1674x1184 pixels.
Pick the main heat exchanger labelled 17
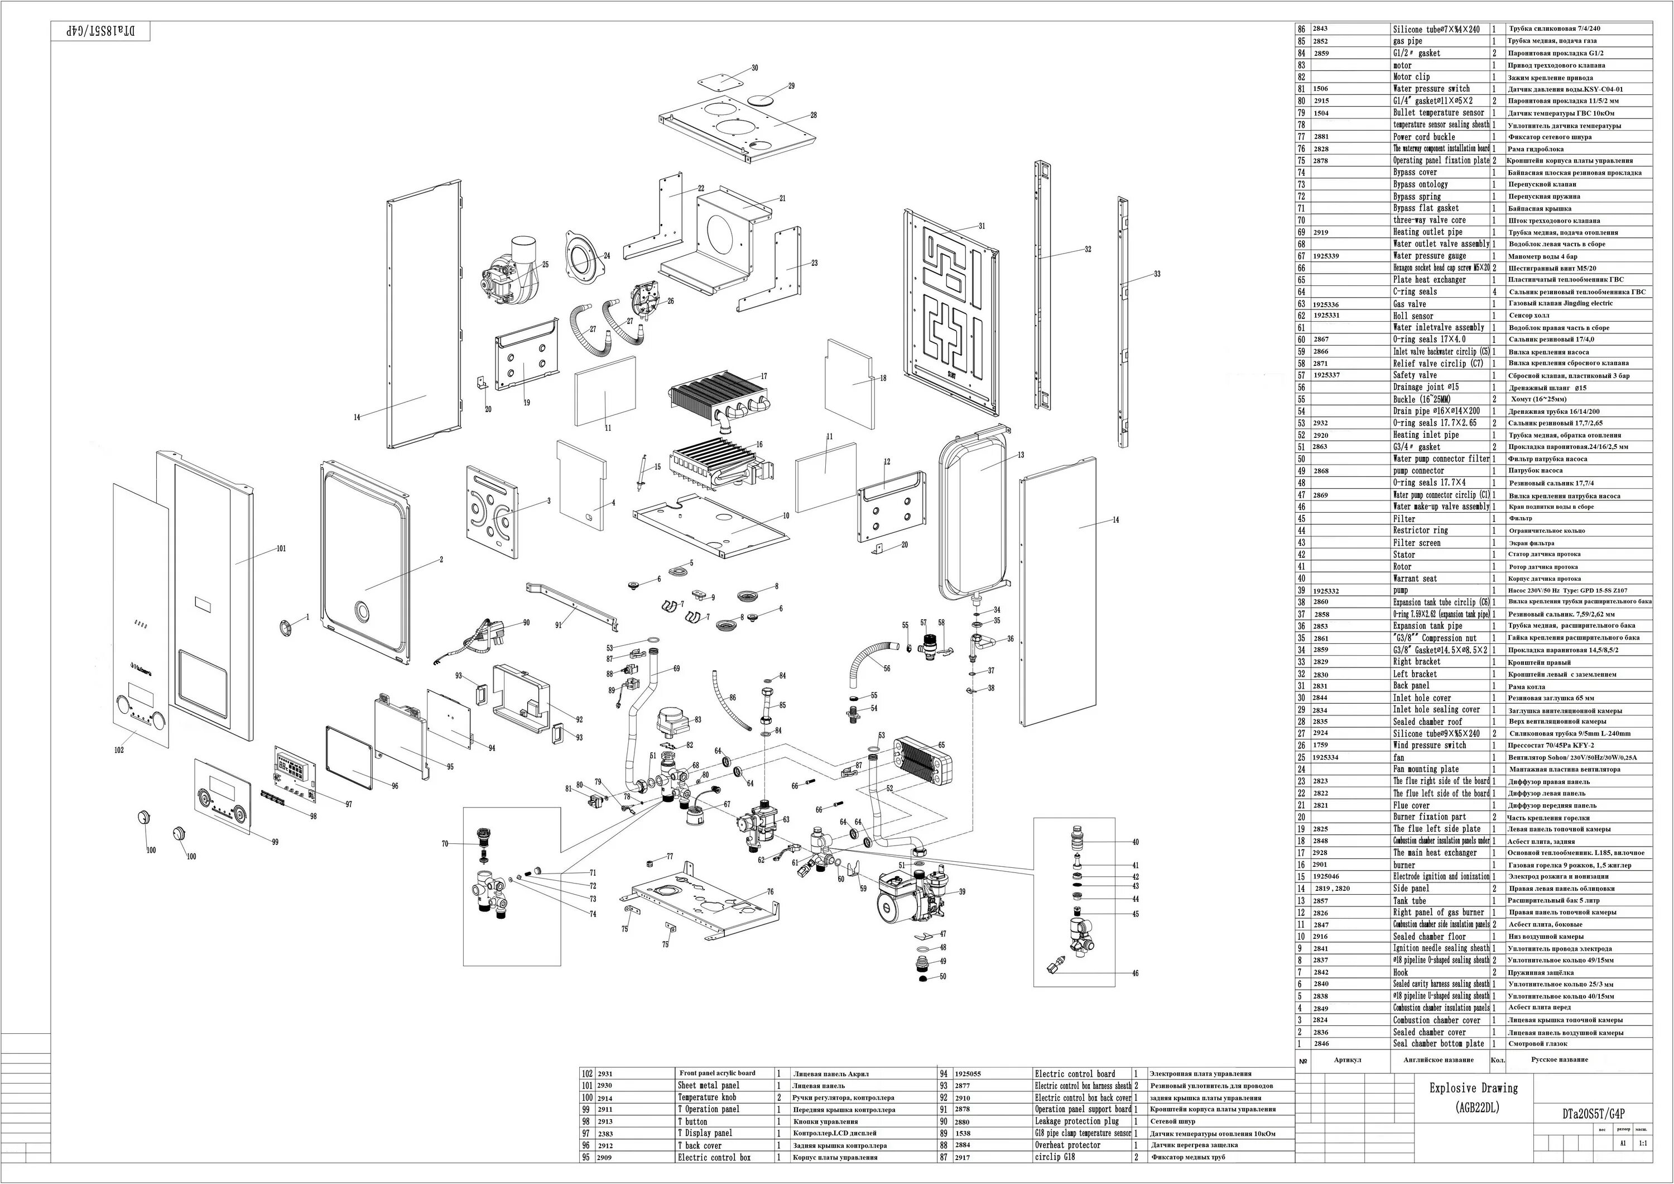(718, 398)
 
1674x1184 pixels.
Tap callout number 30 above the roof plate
(754, 68)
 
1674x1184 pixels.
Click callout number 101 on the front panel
(281, 548)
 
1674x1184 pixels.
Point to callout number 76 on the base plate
(770, 891)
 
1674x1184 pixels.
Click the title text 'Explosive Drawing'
(1473, 1088)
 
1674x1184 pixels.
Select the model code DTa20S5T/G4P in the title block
(1593, 1114)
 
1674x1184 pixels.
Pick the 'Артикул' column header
(1348, 1060)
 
